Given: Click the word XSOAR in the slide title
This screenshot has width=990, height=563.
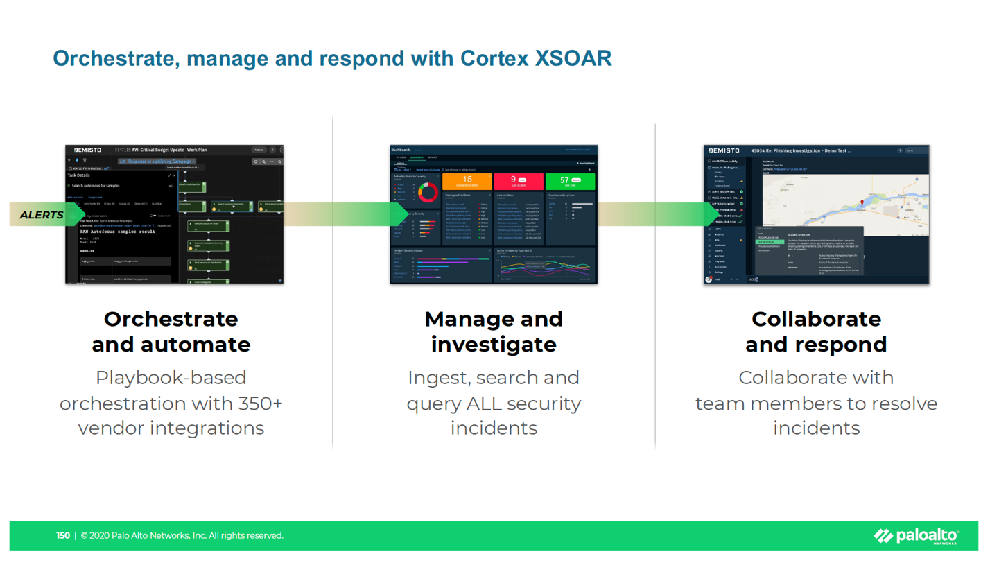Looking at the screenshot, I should pyautogui.click(x=573, y=58).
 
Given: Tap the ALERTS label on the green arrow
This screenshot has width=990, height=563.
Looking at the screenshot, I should pyautogui.click(x=42, y=215).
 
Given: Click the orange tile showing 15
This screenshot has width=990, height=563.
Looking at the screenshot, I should pyautogui.click(x=467, y=181).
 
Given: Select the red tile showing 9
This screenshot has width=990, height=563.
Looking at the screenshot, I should pyautogui.click(x=517, y=181).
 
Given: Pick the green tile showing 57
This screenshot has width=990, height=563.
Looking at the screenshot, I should pyautogui.click(x=570, y=181).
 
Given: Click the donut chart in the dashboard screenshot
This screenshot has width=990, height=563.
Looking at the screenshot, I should pyautogui.click(x=428, y=193).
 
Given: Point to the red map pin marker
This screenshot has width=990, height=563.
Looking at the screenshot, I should pyautogui.click(x=862, y=202).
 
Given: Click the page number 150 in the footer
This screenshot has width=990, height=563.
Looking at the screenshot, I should pyautogui.click(x=63, y=535).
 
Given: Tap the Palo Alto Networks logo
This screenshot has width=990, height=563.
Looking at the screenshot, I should pyautogui.click(x=917, y=535).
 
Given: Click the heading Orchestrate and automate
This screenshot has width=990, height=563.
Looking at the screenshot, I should pyautogui.click(x=171, y=331).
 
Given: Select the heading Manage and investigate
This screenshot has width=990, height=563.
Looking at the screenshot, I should pyautogui.click(x=494, y=331).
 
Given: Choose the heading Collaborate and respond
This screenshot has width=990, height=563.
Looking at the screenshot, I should pyautogui.click(x=816, y=331).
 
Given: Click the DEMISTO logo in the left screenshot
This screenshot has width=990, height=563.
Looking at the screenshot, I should pyautogui.click(x=88, y=150).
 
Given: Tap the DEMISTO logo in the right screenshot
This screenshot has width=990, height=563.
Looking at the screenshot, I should pyautogui.click(x=724, y=150).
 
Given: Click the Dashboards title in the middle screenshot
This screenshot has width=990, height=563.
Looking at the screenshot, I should pyautogui.click(x=401, y=150).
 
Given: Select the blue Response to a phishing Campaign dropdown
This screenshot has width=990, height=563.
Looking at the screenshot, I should pyautogui.click(x=157, y=162).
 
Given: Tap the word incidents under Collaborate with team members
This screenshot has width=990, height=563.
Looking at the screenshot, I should pyautogui.click(x=816, y=428).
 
